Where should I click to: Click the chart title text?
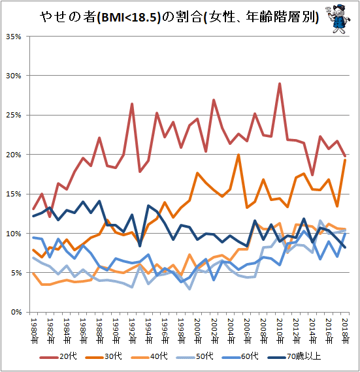[179, 17]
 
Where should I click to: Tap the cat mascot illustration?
[338, 19]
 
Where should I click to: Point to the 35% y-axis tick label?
[14, 37]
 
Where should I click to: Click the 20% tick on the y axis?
[14, 155]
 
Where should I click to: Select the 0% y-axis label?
[16, 312]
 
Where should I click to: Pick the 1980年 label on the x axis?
[34, 331]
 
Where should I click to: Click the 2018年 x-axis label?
[345, 331]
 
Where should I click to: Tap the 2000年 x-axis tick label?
[198, 331]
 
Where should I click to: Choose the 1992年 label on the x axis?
[132, 331]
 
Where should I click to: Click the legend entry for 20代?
[58, 356]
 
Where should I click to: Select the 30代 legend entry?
[103, 356]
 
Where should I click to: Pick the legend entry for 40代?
[149, 356]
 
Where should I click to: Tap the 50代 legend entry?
[195, 356]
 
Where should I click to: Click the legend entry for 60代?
[240, 356]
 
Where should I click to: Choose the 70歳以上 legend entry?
[294, 356]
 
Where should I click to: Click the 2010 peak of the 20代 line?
[280, 84]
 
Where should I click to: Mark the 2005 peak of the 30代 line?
[238, 155]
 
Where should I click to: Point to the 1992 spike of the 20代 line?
[132, 104]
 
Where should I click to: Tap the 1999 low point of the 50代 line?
[189, 288]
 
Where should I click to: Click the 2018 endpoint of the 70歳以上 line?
[345, 247]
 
